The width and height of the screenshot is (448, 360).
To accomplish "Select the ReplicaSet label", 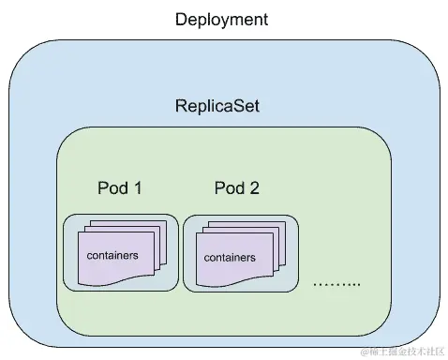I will click(x=217, y=105).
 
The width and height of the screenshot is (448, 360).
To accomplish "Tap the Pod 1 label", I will click(x=120, y=187).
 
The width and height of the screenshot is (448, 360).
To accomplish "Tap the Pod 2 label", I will click(x=236, y=187).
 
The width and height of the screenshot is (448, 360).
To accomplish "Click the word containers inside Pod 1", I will click(x=112, y=255).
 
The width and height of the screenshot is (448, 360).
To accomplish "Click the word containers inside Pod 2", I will click(x=229, y=255).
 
